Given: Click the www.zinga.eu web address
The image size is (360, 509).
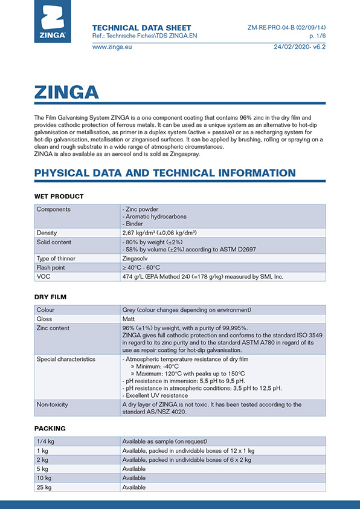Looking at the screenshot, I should (x=112, y=47).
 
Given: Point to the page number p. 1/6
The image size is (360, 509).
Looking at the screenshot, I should (x=317, y=36).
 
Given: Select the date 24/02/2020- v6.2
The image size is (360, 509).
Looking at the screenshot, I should (x=300, y=47).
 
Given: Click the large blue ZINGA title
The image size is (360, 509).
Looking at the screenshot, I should (x=66, y=92).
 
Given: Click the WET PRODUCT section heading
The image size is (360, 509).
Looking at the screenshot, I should (x=59, y=196).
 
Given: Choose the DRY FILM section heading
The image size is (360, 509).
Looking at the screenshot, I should (x=50, y=297).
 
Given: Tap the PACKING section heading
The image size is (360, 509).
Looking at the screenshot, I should (x=50, y=428).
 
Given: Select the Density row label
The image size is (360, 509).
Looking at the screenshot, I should (x=47, y=233).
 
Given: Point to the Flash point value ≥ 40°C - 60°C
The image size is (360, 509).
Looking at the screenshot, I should (x=141, y=268).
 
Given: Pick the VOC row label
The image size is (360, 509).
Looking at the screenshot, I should (x=43, y=276).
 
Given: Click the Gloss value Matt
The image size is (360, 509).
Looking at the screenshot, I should (x=129, y=319).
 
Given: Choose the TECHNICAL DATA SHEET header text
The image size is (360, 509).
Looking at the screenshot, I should (x=141, y=28).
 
